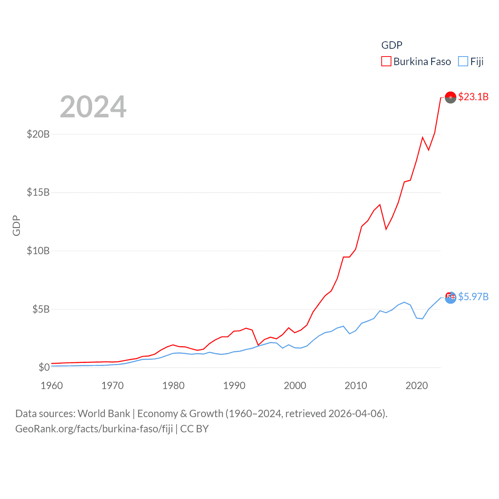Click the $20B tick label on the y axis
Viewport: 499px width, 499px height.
pos(38,134)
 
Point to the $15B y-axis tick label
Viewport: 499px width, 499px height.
pos(38,193)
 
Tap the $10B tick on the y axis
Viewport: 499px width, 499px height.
pos(38,251)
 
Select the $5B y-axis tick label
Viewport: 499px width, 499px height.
pos(41,310)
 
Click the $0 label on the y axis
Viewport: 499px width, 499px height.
pos(44,367)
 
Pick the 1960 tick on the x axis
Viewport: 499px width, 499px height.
pos(52,386)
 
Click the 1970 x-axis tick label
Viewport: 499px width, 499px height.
pos(113,386)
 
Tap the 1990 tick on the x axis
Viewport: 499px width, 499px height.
pos(234,386)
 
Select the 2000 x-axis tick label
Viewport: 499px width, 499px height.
pos(295,386)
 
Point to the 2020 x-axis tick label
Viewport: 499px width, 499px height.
pos(417,386)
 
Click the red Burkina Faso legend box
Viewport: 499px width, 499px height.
pos(386,62)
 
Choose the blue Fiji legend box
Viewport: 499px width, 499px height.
pos(463,62)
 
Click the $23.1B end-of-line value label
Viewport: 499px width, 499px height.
pos(473,97)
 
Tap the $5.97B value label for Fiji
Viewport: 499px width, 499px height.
pos(473,297)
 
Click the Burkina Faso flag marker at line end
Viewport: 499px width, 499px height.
pos(451,97)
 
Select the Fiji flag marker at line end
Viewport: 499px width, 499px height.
pos(451,297)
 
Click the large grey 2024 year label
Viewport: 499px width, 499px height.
pos(93,107)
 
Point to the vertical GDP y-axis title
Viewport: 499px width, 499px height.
pos(16,225)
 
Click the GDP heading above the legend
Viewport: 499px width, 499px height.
pos(392,45)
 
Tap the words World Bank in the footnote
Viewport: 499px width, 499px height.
pos(104,414)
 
